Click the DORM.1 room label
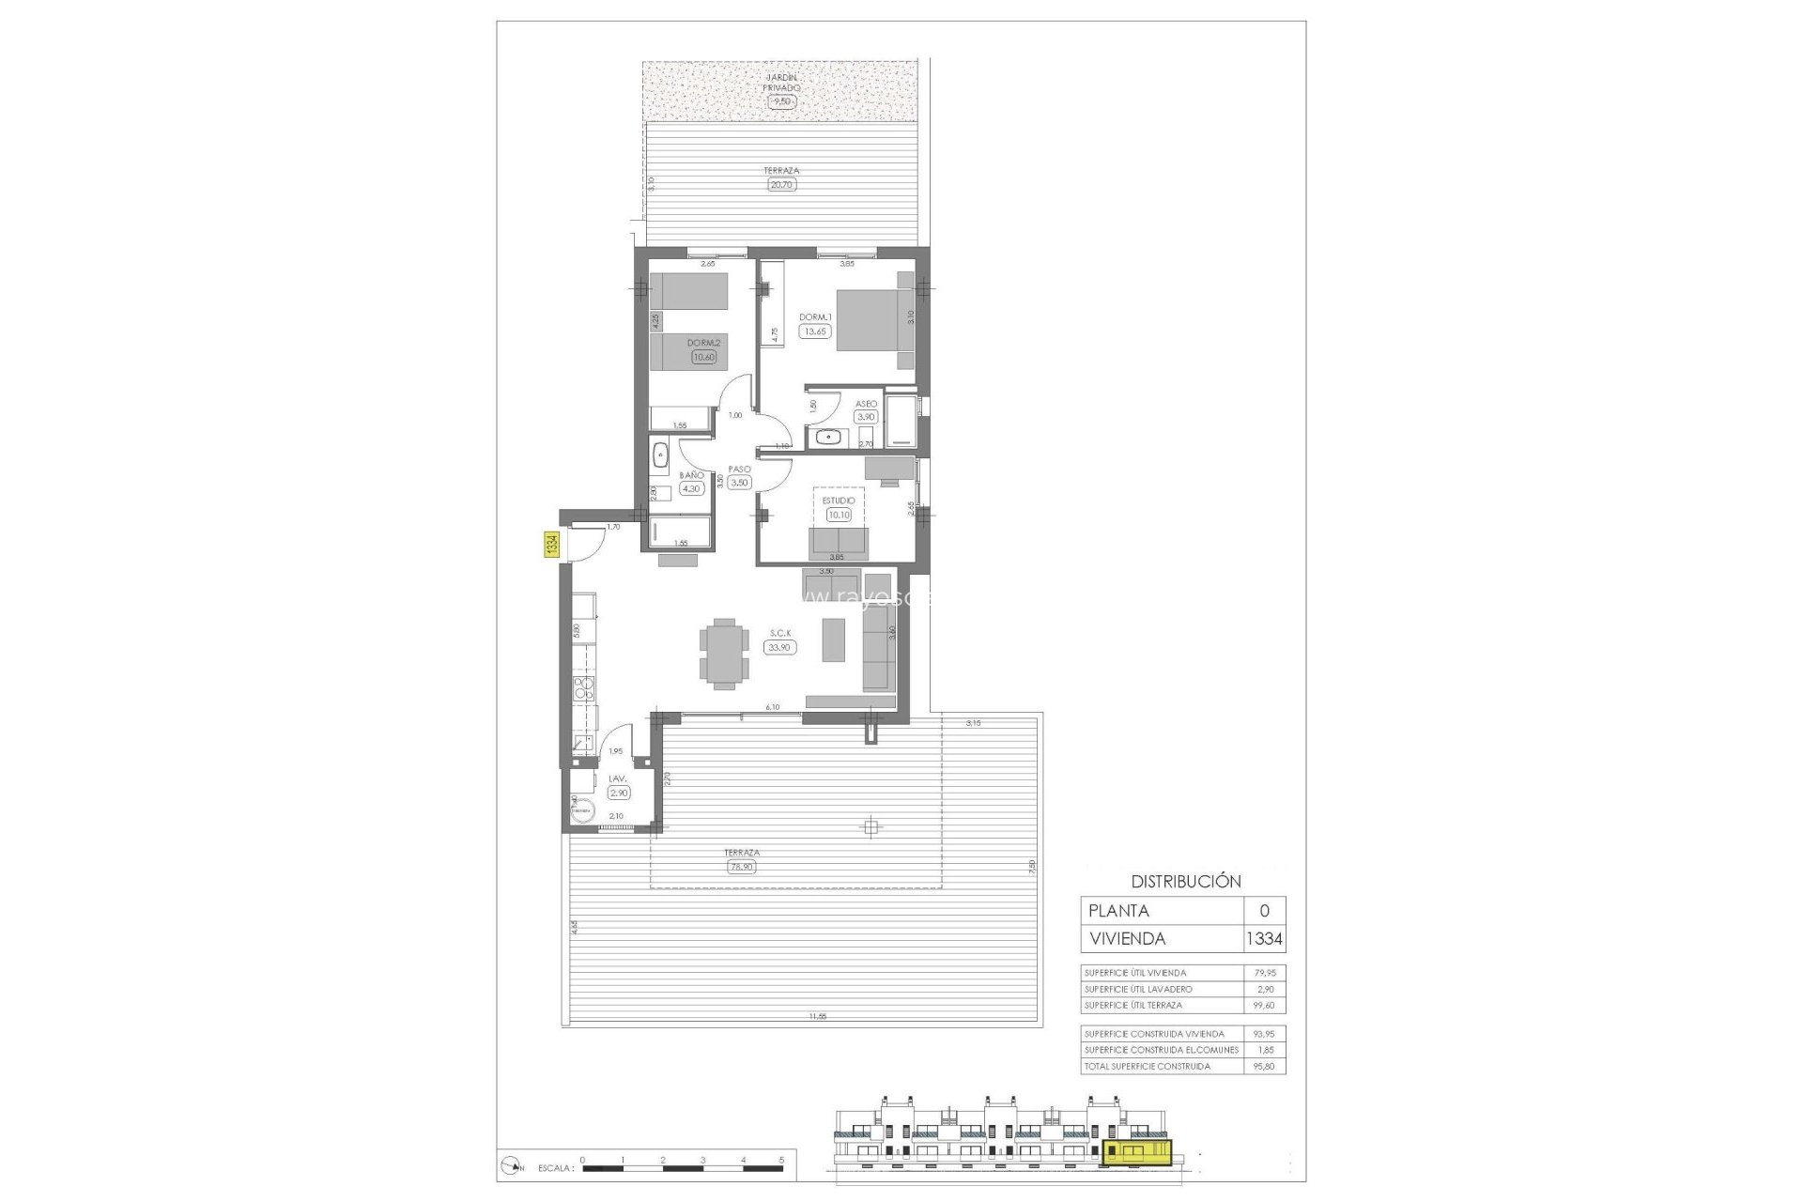point(815,317)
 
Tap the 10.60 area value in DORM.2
point(703,357)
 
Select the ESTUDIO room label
point(839,501)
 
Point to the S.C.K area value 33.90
point(779,647)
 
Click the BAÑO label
point(691,475)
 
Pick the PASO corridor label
point(739,470)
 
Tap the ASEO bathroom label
point(866,404)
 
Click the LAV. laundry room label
point(618,778)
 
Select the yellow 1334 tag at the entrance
point(552,545)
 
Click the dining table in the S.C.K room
point(724,654)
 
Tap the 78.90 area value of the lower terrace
point(741,867)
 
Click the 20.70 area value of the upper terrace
point(781,185)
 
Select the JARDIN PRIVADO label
point(781,83)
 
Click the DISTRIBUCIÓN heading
point(1185,882)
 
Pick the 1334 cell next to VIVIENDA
point(1264,938)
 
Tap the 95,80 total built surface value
point(1264,1066)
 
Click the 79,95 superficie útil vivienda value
point(1264,973)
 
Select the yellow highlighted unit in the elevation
point(1138,1153)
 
